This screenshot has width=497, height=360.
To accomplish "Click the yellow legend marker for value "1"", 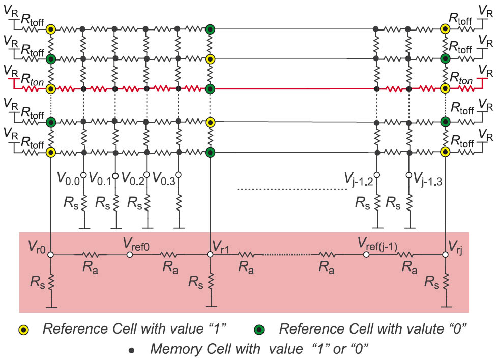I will [24, 330].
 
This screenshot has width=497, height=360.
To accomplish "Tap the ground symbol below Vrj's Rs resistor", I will [446, 306].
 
